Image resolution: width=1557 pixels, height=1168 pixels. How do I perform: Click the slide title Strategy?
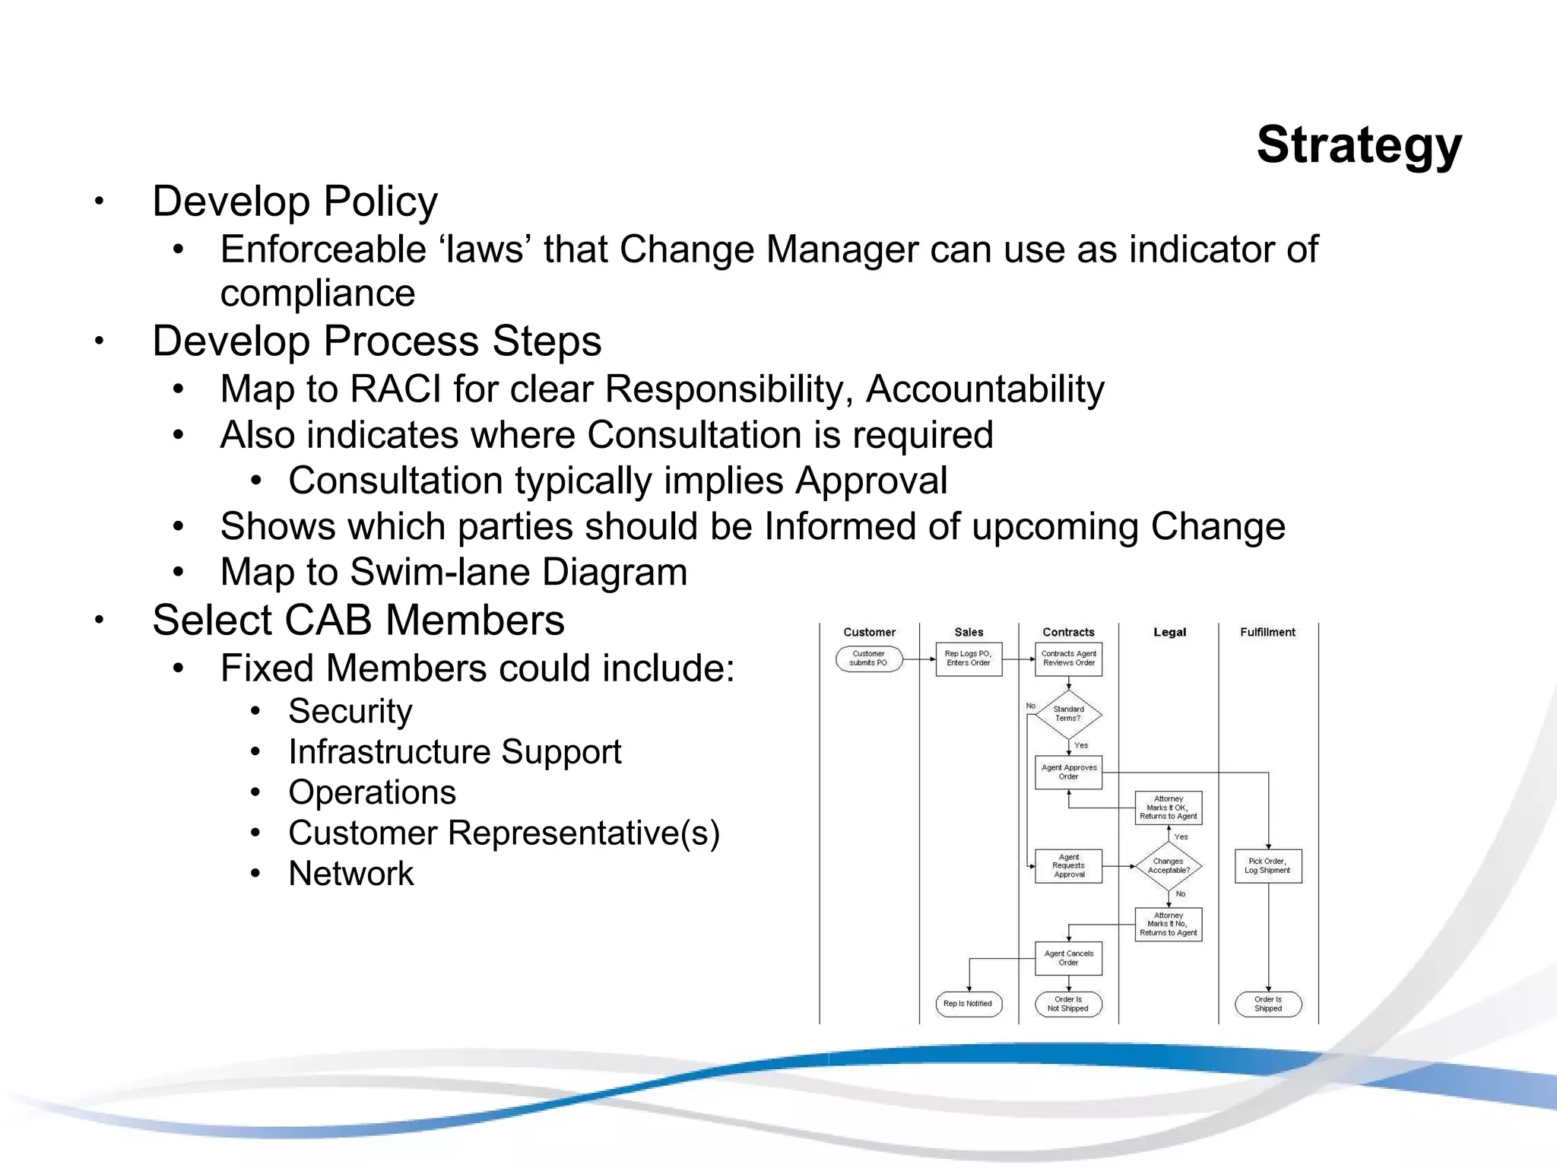click(x=1359, y=144)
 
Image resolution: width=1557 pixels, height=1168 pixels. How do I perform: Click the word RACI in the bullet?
click(x=395, y=389)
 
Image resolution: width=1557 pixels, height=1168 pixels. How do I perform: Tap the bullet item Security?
click(x=350, y=712)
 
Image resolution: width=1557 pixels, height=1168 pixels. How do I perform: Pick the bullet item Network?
click(x=350, y=874)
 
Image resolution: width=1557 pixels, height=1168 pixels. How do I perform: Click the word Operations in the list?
click(x=372, y=792)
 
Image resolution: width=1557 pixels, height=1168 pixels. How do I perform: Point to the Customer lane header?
click(x=869, y=632)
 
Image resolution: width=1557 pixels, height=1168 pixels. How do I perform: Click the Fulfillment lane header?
click(x=1267, y=632)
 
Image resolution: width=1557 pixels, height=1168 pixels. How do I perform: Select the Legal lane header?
click(x=1169, y=632)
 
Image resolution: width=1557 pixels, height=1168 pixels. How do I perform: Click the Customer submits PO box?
click(x=868, y=659)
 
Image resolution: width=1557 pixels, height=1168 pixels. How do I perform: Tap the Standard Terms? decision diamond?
click(x=1068, y=714)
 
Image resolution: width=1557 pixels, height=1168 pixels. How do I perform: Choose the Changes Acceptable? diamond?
click(x=1169, y=866)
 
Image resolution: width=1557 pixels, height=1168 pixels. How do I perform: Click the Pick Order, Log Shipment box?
click(x=1267, y=866)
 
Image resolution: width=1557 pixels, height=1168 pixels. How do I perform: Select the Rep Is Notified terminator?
click(x=968, y=1004)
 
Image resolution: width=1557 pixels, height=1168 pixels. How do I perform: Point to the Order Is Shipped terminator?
click(x=1267, y=1004)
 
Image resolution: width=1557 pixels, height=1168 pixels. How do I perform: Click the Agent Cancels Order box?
click(x=1068, y=958)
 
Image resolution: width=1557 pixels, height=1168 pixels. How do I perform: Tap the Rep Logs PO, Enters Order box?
click(x=968, y=659)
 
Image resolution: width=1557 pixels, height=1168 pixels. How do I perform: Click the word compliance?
click(x=318, y=294)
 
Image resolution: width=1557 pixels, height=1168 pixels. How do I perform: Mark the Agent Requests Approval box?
click(x=1068, y=866)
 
